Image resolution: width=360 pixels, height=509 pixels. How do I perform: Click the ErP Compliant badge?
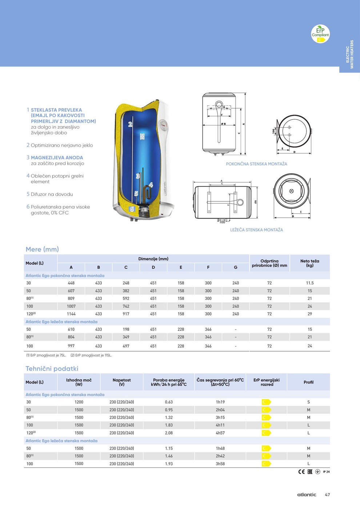pyautogui.click(x=320, y=34)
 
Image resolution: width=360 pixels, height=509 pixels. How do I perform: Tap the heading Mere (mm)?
pyautogui.click(x=42, y=249)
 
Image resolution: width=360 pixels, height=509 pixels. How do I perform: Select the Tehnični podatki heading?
pyautogui.click(x=52, y=369)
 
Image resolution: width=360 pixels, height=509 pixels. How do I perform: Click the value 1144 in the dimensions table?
pyautogui.click(x=71, y=314)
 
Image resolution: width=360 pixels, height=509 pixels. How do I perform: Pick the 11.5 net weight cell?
pyautogui.click(x=309, y=283)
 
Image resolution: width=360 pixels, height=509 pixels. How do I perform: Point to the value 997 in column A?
pyautogui.click(x=71, y=346)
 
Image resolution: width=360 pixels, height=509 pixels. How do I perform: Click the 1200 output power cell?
pyautogui.click(x=79, y=402)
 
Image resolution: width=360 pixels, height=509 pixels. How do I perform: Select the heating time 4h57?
pyautogui.click(x=220, y=433)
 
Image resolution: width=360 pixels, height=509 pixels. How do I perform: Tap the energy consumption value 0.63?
pyautogui.click(x=169, y=402)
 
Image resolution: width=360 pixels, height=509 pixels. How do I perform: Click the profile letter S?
pyautogui.click(x=308, y=402)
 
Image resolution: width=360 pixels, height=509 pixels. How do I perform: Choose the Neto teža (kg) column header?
pyautogui.click(x=309, y=263)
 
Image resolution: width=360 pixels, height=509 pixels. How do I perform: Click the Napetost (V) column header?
pyautogui.click(x=122, y=382)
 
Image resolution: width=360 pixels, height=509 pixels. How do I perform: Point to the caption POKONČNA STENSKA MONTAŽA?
pyautogui.click(x=256, y=164)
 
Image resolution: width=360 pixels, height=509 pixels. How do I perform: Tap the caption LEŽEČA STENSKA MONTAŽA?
pyautogui.click(x=256, y=230)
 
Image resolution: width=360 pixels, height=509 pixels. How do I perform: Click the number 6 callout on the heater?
pyautogui.click(x=132, y=209)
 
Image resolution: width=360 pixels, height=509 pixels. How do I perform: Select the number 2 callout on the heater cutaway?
pyautogui.click(x=130, y=124)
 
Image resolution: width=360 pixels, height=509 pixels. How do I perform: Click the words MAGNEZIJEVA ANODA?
pyautogui.click(x=57, y=157)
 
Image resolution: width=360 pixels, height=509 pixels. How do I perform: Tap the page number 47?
pyautogui.click(x=327, y=495)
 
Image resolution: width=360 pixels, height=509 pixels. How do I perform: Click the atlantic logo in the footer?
pyautogui.click(x=307, y=495)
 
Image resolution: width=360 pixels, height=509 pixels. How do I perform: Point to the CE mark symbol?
pyautogui.click(x=301, y=472)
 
